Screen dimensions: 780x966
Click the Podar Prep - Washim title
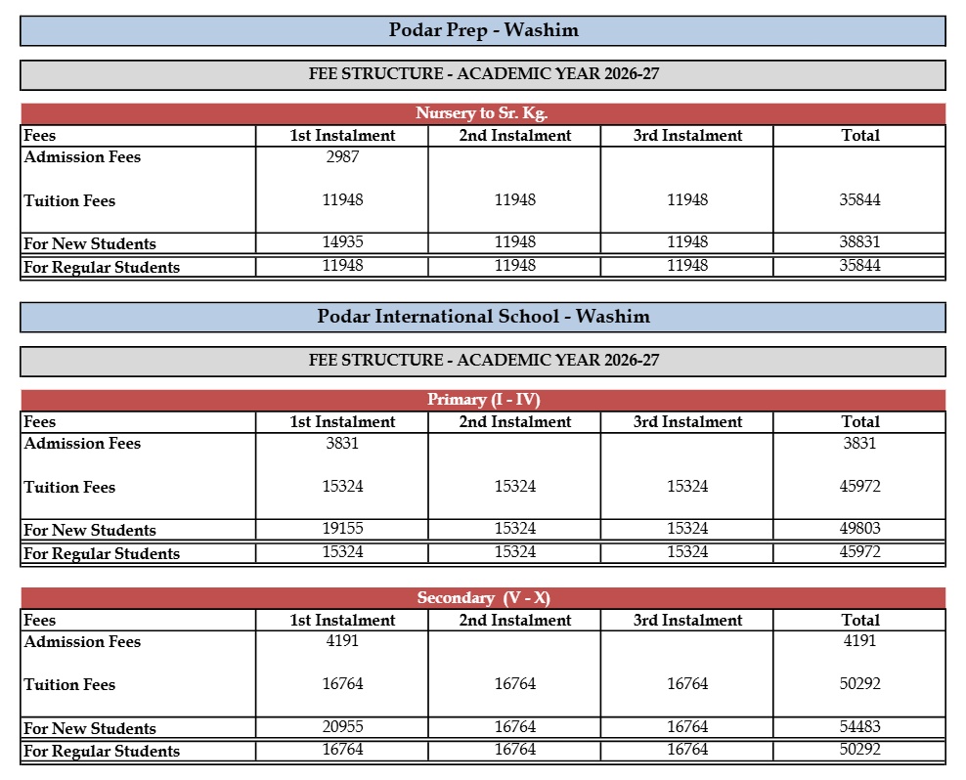[483, 30]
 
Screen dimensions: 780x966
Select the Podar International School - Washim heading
[483, 317]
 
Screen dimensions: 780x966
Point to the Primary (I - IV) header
[483, 400]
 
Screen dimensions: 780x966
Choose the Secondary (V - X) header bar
[483, 598]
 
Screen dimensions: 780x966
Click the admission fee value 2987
[342, 157]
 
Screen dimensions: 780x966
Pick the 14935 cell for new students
[342, 242]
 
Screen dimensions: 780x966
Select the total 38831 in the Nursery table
[860, 242]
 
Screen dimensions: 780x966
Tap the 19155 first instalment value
[342, 529]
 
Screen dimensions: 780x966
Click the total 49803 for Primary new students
[860, 529]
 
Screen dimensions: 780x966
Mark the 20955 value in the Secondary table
[342, 727]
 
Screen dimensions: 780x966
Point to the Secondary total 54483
[860, 727]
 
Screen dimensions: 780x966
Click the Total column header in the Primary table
[860, 422]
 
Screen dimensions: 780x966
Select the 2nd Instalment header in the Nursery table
[514, 136]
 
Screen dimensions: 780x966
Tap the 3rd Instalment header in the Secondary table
[687, 621]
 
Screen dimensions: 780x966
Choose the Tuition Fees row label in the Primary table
[69, 487]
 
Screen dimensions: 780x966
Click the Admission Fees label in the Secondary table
[82, 642]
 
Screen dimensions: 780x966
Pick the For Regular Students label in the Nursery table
[102, 267]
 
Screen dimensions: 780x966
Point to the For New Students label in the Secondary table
[90, 728]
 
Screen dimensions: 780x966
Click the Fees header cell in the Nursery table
[40, 136]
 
